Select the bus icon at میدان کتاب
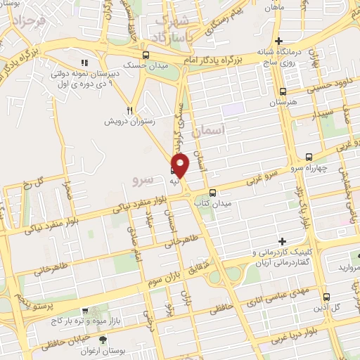coord(213,193)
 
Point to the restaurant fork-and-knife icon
coord(129,110)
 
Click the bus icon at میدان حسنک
coord(146,56)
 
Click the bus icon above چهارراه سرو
coord(309,157)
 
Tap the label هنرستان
coord(283,103)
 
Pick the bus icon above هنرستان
coord(283,91)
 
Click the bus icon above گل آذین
coord(326,297)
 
